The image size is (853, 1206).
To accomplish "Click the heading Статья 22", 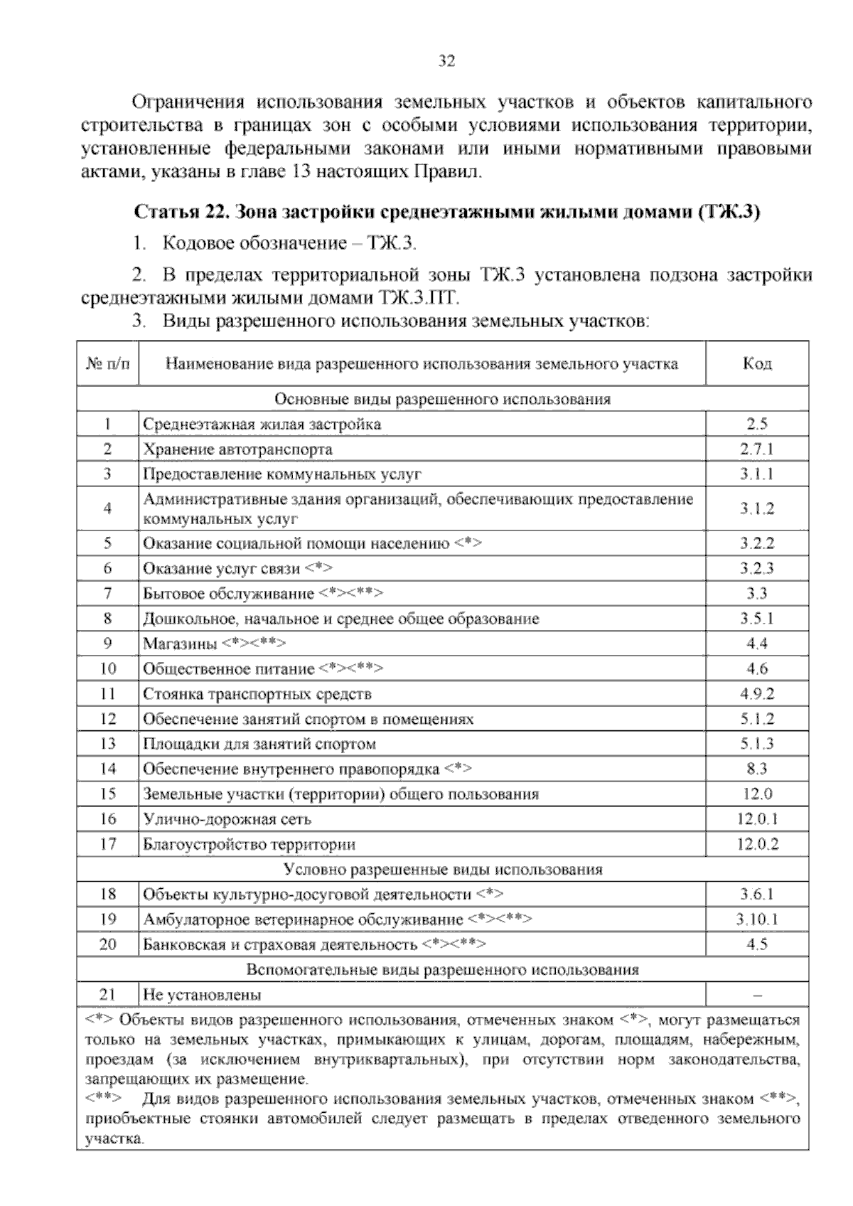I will tap(447, 213).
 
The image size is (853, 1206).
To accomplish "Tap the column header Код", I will tap(757, 364).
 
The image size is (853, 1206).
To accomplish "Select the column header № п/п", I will tap(108, 364).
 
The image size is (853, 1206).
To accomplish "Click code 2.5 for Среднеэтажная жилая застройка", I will tap(757, 425).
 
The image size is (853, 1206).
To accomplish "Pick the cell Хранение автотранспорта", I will tap(237, 449).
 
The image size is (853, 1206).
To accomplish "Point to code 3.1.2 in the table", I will tap(757, 508).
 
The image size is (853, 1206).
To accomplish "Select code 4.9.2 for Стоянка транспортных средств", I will tap(757, 694).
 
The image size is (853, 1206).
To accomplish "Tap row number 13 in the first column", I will tap(108, 744).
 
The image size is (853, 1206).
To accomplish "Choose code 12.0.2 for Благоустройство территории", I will tap(757, 845).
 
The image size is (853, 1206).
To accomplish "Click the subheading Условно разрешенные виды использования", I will tap(443, 869).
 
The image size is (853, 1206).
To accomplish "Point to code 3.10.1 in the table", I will tap(757, 919).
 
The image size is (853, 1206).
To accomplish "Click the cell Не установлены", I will tap(202, 995).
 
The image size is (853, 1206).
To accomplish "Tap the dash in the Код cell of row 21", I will tap(757, 995).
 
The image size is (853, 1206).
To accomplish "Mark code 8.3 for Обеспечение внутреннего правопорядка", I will tap(757, 769).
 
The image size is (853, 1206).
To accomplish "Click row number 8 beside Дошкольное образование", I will tap(108, 619).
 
